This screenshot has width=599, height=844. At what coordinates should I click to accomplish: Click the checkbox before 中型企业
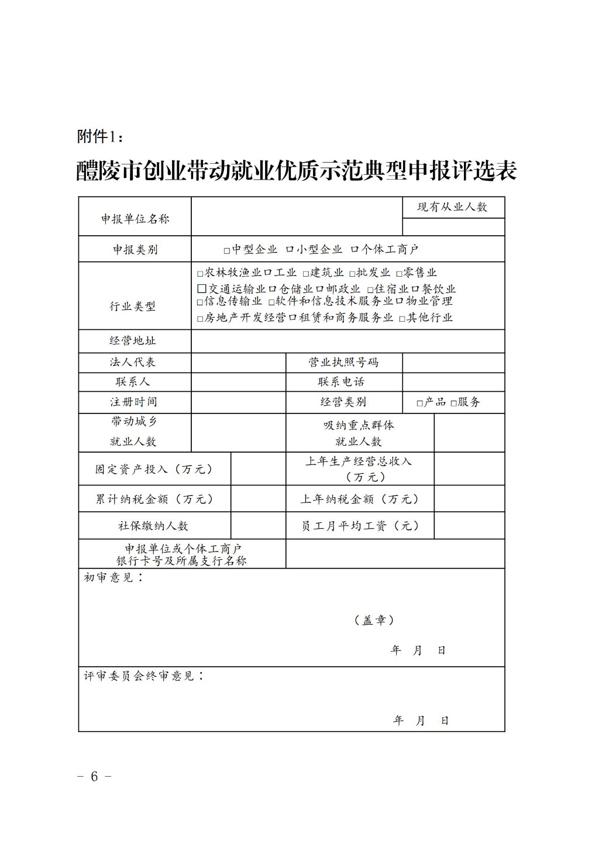click(227, 250)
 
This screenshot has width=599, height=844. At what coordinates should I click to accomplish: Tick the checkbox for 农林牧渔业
click(200, 274)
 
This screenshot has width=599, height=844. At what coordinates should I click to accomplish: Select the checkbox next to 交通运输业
click(202, 289)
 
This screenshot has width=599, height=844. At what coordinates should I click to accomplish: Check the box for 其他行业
click(402, 319)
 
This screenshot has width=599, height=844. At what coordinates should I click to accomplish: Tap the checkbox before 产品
click(419, 403)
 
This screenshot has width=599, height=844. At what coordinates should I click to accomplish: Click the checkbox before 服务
click(453, 403)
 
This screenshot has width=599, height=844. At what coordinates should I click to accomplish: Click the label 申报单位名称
click(135, 219)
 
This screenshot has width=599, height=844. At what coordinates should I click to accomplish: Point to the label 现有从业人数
click(452, 207)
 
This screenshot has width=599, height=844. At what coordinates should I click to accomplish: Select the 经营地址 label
click(133, 340)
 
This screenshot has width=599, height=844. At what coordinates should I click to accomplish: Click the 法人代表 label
click(133, 362)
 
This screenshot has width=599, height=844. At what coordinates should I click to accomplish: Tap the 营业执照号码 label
click(343, 362)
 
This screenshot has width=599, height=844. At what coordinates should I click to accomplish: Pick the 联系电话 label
click(341, 381)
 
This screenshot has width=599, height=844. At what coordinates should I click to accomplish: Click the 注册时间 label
click(133, 402)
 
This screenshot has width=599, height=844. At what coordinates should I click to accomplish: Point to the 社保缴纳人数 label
click(153, 526)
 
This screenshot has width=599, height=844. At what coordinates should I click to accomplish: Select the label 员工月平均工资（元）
click(360, 526)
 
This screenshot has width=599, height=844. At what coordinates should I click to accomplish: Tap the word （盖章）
click(374, 620)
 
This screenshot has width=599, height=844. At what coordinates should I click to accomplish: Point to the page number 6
click(95, 776)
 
